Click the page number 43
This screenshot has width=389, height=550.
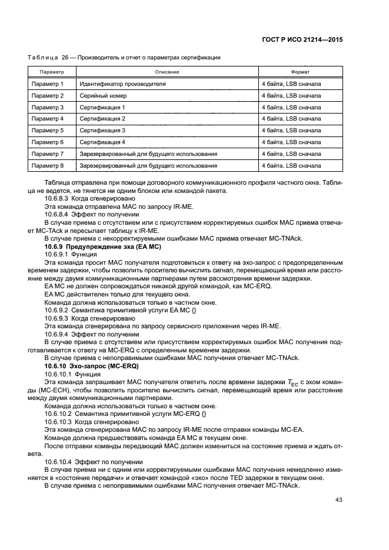point(337,500)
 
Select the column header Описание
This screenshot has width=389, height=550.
point(167,72)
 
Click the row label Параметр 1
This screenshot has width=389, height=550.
point(47,84)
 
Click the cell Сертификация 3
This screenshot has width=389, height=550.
point(103,131)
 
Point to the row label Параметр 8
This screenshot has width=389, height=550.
point(47,165)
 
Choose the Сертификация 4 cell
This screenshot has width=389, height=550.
point(103,142)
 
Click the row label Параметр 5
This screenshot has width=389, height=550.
point(47,131)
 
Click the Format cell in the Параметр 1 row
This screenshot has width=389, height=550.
point(291,84)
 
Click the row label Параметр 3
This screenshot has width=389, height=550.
point(47,107)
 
